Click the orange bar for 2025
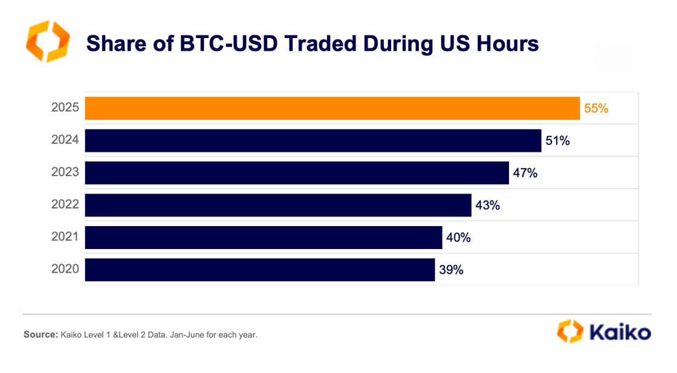(332, 108)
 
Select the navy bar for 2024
(313, 141)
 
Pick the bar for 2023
(296, 173)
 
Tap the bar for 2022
(277, 205)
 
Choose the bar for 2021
(263, 238)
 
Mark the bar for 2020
(259, 270)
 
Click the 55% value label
(596, 109)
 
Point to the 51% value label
(558, 141)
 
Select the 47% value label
(525, 174)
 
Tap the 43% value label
(488, 206)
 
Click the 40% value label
(458, 238)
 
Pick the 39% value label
(451, 270)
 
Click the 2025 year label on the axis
(65, 109)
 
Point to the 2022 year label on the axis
(65, 206)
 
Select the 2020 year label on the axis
(65, 270)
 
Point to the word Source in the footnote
(39, 334)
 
